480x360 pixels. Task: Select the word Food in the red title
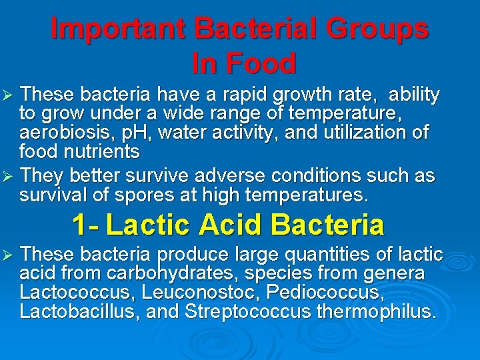(x=262, y=64)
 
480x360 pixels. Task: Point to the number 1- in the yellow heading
(x=85, y=225)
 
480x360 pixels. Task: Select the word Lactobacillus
(x=78, y=311)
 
